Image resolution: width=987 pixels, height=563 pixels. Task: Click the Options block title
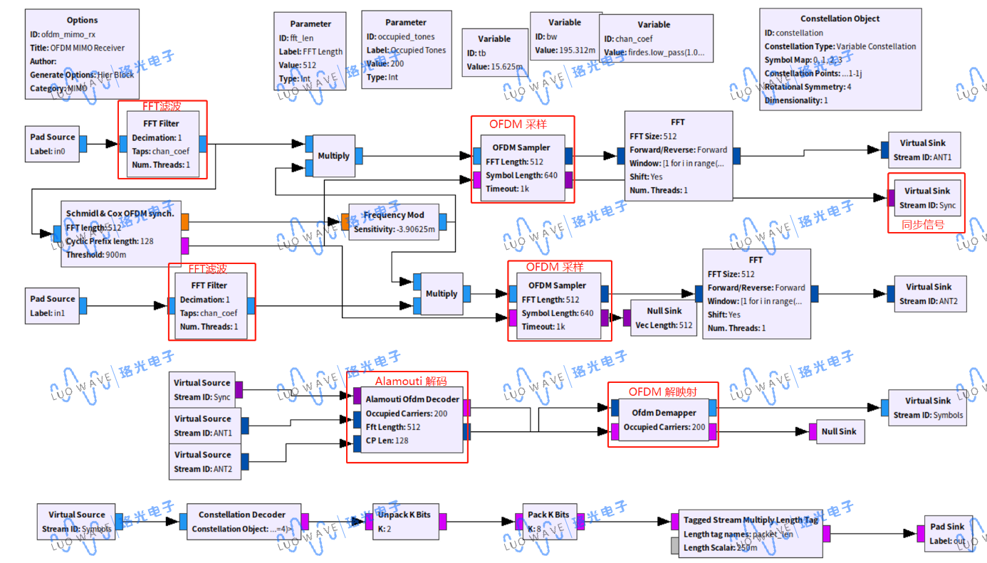pos(82,20)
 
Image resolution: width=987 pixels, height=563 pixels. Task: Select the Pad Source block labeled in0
pos(52,144)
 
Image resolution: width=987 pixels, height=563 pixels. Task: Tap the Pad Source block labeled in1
pos(52,305)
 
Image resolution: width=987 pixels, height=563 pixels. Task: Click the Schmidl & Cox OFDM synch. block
pos(120,233)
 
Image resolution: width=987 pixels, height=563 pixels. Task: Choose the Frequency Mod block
pos(394,222)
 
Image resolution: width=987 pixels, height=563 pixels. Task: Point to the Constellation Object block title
pos(840,19)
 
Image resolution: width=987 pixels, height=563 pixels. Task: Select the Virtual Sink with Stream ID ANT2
pos(928,293)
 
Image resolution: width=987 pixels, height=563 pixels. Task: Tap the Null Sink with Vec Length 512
pos(663,317)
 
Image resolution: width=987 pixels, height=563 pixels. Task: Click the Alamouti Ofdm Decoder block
pos(412,420)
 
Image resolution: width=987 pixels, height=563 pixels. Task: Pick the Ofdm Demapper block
pos(663,420)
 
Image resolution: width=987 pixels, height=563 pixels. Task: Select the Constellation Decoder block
pos(241,521)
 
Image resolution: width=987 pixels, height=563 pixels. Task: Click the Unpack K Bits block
pos(404,521)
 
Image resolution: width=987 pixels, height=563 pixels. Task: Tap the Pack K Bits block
pos(548,521)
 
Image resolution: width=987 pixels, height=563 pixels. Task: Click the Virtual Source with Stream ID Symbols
pos(76,521)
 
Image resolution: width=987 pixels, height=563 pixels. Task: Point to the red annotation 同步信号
pos(923,225)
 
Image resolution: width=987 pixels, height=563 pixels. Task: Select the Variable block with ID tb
pos(493,53)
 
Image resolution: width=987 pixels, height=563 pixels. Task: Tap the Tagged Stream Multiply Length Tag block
pos(750,533)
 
